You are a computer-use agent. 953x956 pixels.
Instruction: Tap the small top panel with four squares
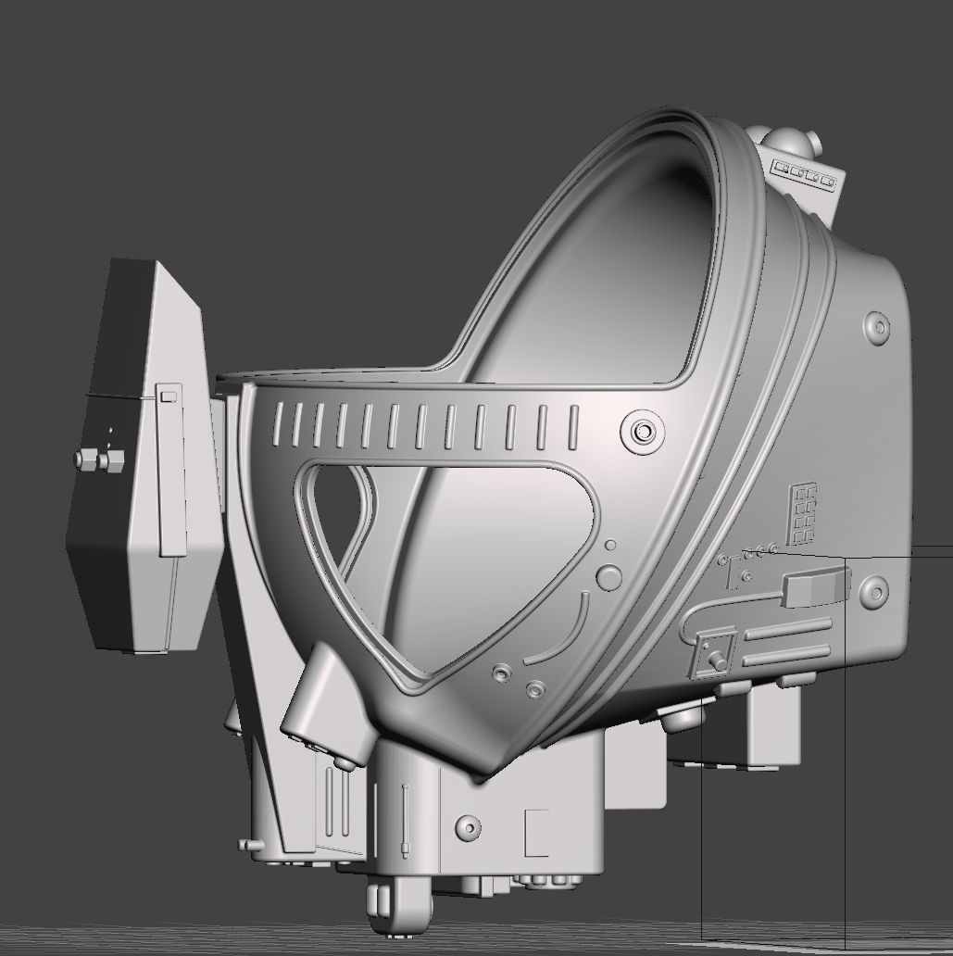pos(805,173)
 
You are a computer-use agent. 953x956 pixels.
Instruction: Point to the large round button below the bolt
pos(608,576)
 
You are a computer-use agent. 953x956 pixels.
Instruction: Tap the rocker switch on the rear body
pos(816,586)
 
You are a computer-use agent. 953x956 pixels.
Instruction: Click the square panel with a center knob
pos(716,653)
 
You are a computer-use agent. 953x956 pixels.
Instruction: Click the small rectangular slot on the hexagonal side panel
pos(168,396)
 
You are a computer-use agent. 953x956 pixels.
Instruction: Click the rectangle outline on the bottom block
pos(536,834)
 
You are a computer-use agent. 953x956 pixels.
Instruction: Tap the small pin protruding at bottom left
pos(247,844)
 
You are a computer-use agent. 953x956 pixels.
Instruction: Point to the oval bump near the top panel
pos(875,327)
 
